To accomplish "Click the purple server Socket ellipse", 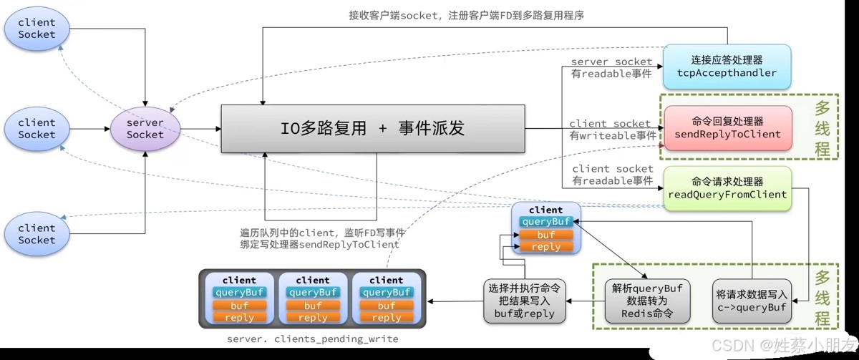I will (145, 128).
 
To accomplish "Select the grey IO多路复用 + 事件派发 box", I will (372, 129).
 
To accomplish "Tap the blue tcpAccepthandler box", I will (727, 67).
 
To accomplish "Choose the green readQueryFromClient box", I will (727, 188).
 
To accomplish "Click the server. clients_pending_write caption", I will (312, 339).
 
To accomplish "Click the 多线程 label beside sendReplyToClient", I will (822, 129).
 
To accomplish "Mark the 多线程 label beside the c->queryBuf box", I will (822, 295).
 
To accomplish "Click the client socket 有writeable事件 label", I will (611, 129).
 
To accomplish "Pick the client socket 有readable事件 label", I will (613, 175).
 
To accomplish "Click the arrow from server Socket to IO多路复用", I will (200, 129).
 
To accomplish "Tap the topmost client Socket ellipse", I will (37, 28).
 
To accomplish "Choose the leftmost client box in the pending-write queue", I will (239, 298).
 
